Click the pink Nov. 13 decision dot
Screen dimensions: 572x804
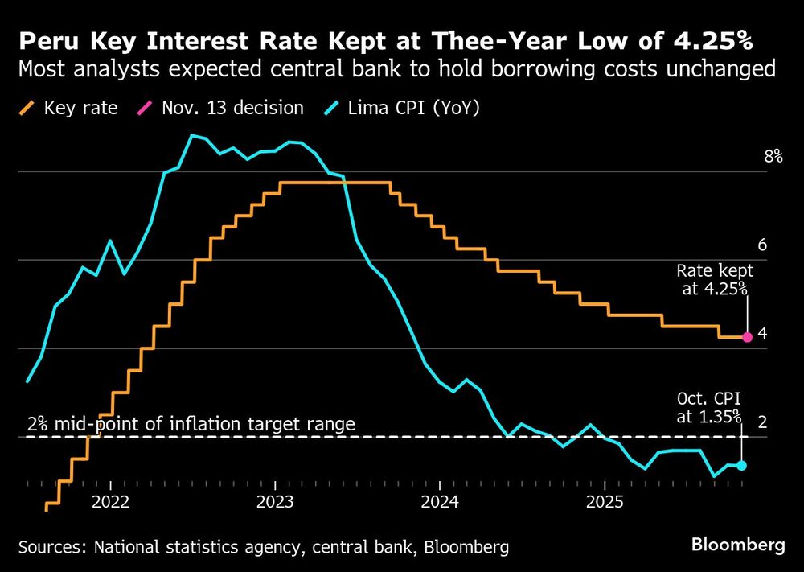pos(747,337)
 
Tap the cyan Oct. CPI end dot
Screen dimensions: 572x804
pos(741,465)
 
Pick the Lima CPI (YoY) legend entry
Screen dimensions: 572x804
pos(405,108)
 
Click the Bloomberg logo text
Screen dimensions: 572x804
pos(738,545)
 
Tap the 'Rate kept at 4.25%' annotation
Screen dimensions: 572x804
pos(715,280)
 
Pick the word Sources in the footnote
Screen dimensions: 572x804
pos(50,547)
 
